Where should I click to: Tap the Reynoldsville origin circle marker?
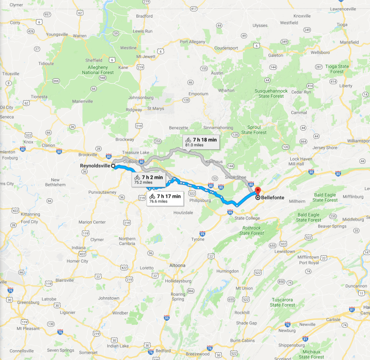(113, 166)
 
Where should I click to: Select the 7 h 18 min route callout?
(201, 142)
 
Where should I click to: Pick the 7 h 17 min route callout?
(165, 198)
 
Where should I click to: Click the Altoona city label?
(177, 265)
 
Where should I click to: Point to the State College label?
(247, 218)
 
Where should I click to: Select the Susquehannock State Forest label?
(269, 93)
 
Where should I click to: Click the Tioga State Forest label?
(337, 69)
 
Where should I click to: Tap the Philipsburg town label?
(200, 199)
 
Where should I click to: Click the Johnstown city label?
(109, 298)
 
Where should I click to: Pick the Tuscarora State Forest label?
(282, 302)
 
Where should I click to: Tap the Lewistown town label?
(284, 251)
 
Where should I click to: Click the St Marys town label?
(155, 109)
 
